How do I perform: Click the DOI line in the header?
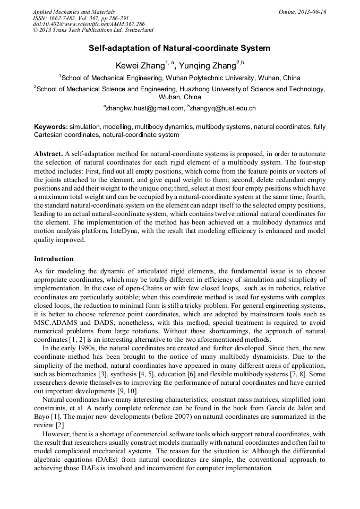click(89, 24)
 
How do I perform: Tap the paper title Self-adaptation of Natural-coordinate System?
click(179, 48)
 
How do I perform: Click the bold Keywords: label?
click(50, 127)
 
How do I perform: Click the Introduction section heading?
click(54, 259)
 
